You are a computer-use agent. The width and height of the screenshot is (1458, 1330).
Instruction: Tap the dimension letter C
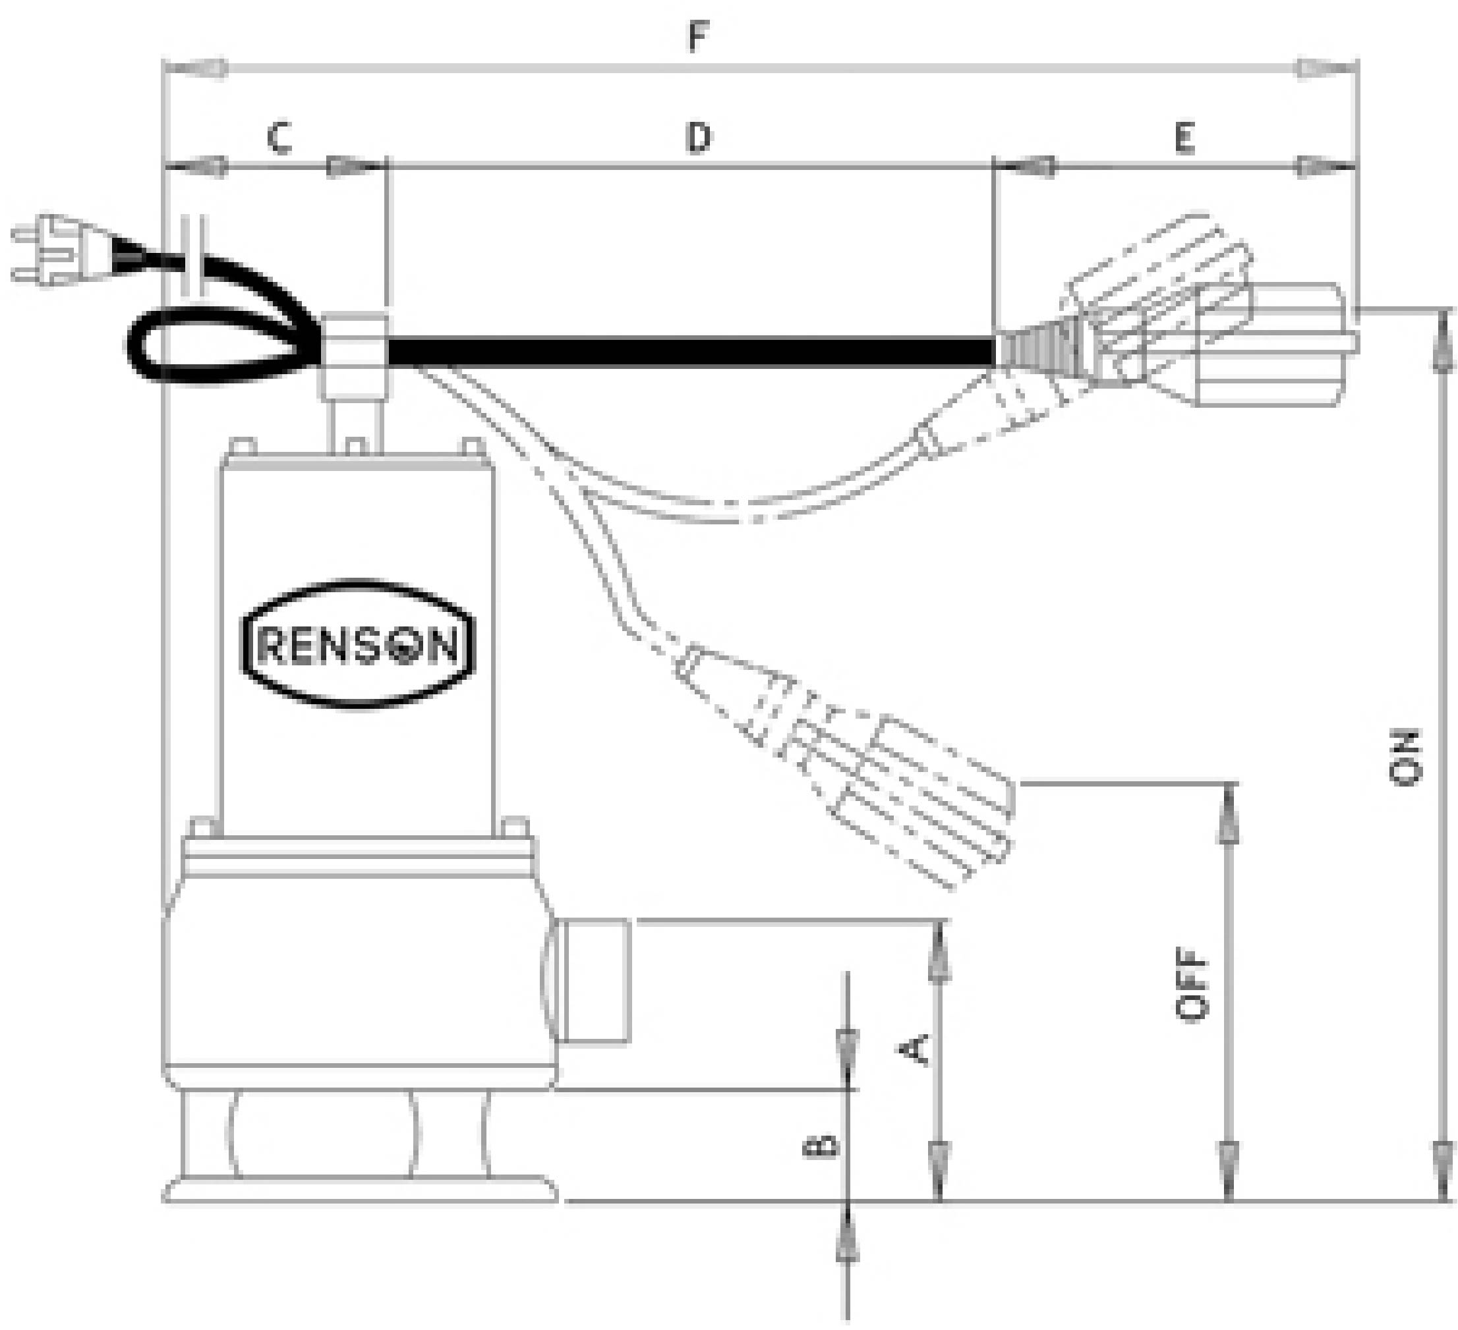[x=279, y=139]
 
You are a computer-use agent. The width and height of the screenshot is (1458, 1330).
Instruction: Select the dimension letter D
[x=698, y=137]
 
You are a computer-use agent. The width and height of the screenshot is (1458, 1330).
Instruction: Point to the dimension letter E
[x=1183, y=138]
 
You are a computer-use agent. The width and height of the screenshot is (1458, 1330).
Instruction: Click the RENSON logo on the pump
[x=357, y=644]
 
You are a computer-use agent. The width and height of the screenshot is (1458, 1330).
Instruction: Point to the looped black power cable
[x=217, y=340]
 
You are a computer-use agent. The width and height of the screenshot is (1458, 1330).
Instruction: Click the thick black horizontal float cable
[x=691, y=352]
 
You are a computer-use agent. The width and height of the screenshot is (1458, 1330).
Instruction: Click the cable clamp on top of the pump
[x=354, y=354]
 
